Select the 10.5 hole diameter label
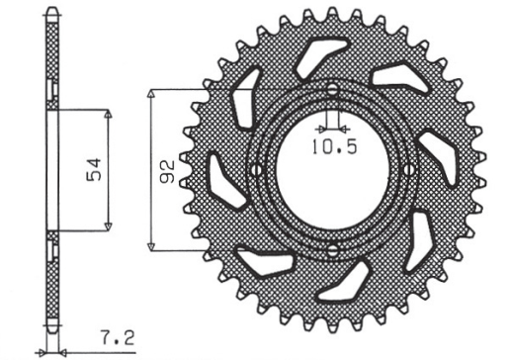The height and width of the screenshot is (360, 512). (x=330, y=149)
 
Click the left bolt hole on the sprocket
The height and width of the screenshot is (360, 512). (x=257, y=170)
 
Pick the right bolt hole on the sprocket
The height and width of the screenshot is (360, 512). (x=407, y=170)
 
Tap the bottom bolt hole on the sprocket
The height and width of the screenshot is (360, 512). (x=332, y=246)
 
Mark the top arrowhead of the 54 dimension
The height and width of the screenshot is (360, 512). (x=108, y=114)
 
